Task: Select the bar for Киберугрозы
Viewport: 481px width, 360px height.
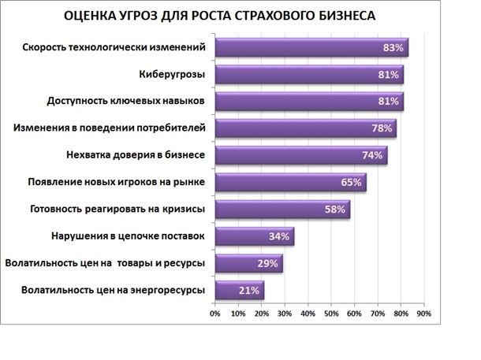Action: pos(308,75)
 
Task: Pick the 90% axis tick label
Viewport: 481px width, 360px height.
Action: pos(424,314)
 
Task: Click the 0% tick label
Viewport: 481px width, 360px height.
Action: pos(214,314)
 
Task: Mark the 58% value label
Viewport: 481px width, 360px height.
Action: pos(336,210)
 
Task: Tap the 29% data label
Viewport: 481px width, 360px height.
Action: pos(268,263)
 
